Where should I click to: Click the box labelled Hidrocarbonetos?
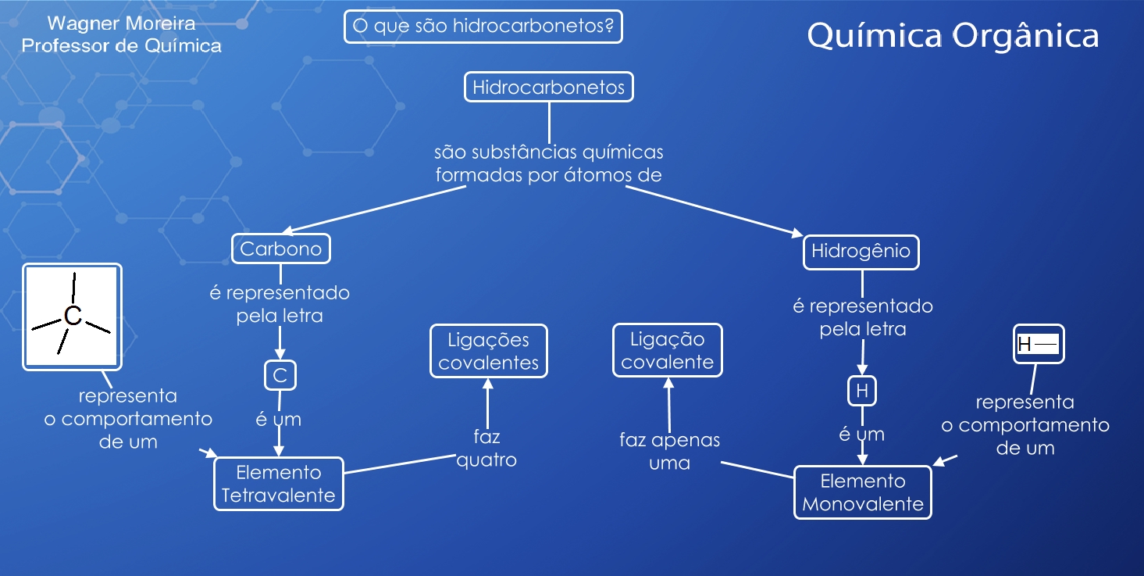[x=548, y=87]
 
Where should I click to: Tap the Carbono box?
[x=281, y=249]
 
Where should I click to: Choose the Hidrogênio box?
[x=861, y=252]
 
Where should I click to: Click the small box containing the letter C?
[x=280, y=376]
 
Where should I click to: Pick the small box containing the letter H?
[x=862, y=391]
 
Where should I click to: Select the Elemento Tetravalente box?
[x=279, y=484]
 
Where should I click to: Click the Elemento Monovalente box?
[x=863, y=492]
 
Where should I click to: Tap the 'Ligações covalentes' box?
[x=489, y=351]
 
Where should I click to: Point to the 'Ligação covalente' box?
[x=668, y=350]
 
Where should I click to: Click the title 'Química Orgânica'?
[x=953, y=36]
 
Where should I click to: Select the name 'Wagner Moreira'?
[x=121, y=24]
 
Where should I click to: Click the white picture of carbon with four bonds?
[x=73, y=316]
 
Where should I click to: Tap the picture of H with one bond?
[x=1039, y=344]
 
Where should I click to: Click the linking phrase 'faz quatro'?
[x=486, y=448]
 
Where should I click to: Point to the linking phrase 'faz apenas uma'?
[x=669, y=451]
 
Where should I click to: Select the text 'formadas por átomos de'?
[x=548, y=175]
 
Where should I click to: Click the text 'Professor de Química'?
[x=121, y=46]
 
